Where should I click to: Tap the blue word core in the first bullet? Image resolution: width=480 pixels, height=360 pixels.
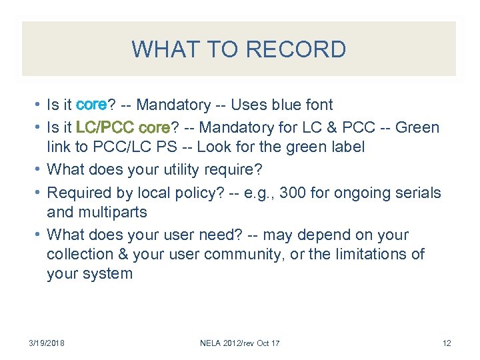(x=92, y=105)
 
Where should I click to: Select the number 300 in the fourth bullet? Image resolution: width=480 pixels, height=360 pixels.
(x=294, y=193)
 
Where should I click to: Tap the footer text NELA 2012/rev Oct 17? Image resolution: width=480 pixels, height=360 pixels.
(x=240, y=343)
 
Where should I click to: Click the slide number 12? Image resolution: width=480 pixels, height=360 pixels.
(x=447, y=343)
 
